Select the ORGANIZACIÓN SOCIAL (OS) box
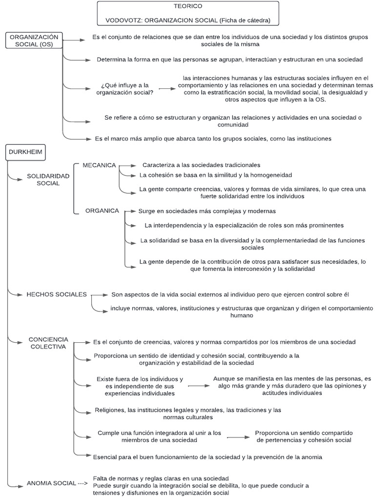point(34,41)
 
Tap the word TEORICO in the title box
point(187,7)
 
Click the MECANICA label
point(99,166)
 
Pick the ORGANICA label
point(102,211)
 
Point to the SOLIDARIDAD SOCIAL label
point(48,179)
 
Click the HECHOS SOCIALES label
point(57,294)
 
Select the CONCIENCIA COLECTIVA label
point(48,343)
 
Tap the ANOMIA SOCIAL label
point(52,483)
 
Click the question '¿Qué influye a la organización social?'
point(125,89)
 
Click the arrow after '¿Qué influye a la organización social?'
point(167,89)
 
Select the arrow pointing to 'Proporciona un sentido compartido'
point(238,437)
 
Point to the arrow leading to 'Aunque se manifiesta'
point(197,386)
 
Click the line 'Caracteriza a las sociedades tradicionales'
point(201,165)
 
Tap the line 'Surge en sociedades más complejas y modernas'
point(207,211)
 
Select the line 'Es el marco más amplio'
point(213,139)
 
